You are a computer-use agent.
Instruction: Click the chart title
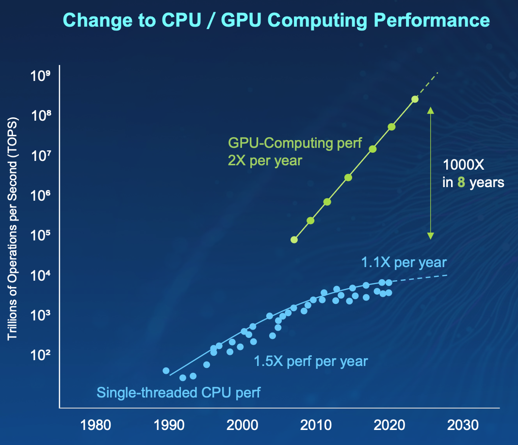click(276, 20)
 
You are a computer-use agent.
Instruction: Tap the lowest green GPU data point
click(294, 239)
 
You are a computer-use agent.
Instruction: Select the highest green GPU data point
click(415, 99)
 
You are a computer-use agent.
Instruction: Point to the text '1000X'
click(463, 165)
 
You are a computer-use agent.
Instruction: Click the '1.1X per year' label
click(404, 263)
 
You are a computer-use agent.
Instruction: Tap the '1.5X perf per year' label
click(311, 361)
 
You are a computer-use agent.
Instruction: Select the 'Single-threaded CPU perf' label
click(178, 392)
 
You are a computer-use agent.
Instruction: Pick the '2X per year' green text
click(265, 160)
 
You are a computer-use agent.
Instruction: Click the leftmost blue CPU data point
click(166, 371)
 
